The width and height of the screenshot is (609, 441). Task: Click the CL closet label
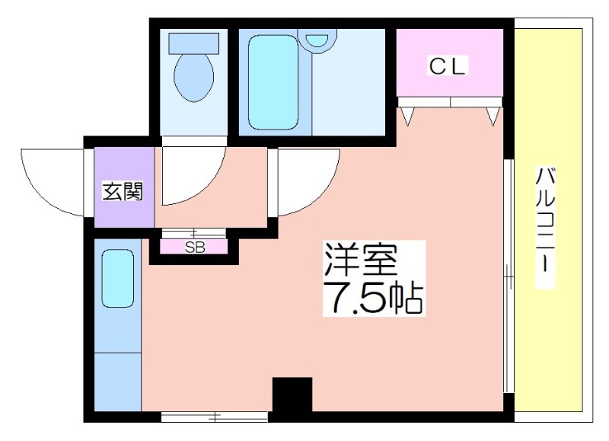click(x=448, y=66)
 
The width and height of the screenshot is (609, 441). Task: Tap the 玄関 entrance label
click(x=123, y=190)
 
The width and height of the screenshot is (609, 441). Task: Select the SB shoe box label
click(x=195, y=247)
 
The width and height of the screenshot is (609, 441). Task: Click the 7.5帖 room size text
click(x=374, y=297)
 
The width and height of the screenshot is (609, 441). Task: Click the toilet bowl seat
click(x=194, y=78)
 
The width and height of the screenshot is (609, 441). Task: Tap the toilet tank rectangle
click(x=194, y=43)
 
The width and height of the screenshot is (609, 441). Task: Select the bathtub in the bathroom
click(x=273, y=83)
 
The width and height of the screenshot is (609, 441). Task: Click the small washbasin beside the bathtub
click(x=317, y=40)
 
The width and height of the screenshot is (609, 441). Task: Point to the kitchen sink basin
click(x=118, y=279)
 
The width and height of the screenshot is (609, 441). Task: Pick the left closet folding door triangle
click(x=407, y=117)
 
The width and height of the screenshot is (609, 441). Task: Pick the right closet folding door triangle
click(x=493, y=117)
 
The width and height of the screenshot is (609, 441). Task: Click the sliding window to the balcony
click(x=509, y=276)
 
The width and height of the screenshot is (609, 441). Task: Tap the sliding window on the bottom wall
click(x=215, y=417)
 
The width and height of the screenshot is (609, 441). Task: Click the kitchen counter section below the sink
click(x=118, y=382)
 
